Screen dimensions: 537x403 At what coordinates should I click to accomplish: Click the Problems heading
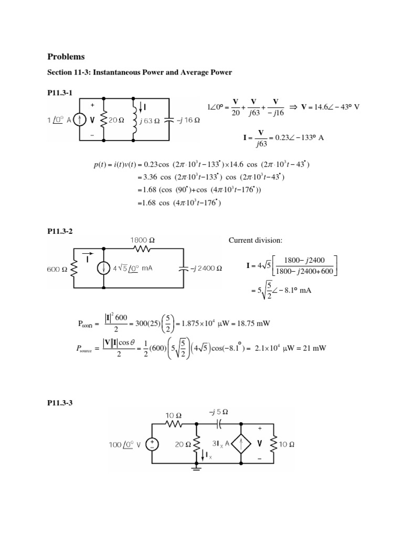(66, 56)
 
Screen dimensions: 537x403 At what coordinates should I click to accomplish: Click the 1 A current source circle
(80, 120)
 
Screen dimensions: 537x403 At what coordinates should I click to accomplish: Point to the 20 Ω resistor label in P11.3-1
(117, 120)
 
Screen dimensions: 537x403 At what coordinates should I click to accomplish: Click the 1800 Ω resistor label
(143, 240)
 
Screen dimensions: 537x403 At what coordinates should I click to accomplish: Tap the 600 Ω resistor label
(57, 267)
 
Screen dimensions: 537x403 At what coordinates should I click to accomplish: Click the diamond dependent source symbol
(241, 444)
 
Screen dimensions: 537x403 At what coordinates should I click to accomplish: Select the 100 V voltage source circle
(153, 444)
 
